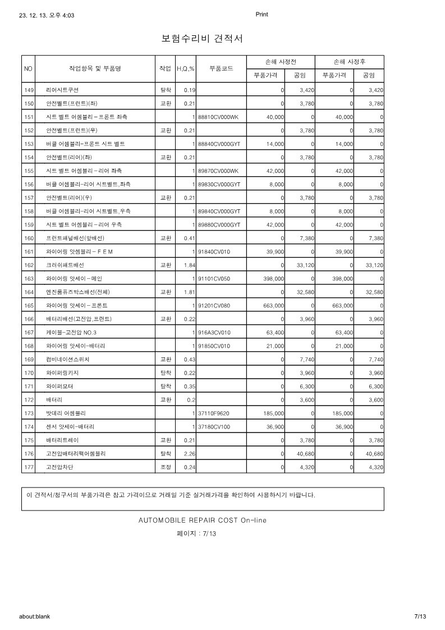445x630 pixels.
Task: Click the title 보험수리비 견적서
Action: [202, 39]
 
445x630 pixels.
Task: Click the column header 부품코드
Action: [221, 68]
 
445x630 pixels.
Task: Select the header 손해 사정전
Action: [281, 61]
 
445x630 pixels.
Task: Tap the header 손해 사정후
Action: [350, 61]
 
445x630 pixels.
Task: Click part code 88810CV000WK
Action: [218, 117]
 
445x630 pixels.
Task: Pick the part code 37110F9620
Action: [215, 413]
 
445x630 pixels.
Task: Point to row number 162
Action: [29, 265]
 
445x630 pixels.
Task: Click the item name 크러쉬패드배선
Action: [65, 265]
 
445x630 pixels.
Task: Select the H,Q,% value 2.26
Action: [189, 453]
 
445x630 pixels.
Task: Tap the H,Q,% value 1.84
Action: [189, 265]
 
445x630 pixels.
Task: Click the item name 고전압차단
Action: [59, 467]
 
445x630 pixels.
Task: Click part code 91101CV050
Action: [214, 278]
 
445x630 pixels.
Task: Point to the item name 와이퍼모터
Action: [59, 386]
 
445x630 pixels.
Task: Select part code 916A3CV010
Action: [214, 332]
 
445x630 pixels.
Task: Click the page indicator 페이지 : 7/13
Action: [196, 534]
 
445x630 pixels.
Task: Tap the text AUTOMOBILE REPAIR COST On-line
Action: [203, 520]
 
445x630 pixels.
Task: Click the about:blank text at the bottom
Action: [34, 616]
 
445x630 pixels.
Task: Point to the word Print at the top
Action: [262, 15]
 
